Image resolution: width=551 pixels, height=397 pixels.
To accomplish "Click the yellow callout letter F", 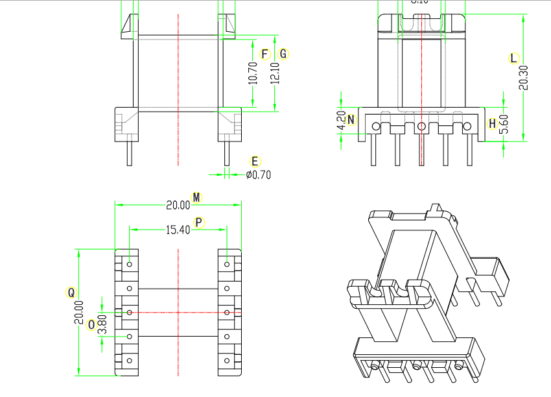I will click(x=264, y=54).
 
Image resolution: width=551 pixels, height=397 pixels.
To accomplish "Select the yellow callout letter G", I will click(x=283, y=54).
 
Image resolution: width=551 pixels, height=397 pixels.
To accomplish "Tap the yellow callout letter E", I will click(x=255, y=161).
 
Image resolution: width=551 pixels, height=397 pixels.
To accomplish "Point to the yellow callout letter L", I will click(x=513, y=58).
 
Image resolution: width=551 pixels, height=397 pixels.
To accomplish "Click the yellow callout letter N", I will click(x=351, y=119).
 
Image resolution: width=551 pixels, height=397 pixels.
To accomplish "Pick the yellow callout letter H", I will click(x=493, y=123).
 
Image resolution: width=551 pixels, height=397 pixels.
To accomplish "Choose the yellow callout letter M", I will click(x=197, y=197).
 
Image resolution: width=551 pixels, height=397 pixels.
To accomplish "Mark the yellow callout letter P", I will click(x=199, y=222).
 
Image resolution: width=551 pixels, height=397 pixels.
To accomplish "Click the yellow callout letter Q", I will click(x=71, y=292).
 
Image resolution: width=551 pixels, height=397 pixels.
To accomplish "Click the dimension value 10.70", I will click(x=253, y=73).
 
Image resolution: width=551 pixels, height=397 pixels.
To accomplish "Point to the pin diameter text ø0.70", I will click(x=259, y=174).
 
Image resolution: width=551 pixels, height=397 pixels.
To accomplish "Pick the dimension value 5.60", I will click(x=504, y=124).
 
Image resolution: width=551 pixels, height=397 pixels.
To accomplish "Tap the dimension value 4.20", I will click(x=342, y=121).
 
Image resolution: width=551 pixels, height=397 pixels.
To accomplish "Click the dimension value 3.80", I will click(x=102, y=324).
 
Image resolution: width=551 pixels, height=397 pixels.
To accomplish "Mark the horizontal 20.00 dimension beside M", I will click(x=178, y=205).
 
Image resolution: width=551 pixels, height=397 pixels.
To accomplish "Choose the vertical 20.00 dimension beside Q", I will click(x=79, y=312).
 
